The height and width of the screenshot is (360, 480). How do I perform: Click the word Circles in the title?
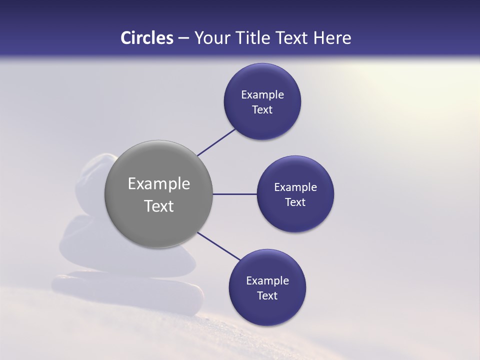[147, 38]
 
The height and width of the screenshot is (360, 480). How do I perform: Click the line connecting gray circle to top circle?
[216, 142]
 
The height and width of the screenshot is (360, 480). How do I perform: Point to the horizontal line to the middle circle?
[234, 194]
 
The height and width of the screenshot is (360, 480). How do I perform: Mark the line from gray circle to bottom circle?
[219, 246]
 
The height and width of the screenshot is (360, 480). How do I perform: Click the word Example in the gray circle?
[159, 183]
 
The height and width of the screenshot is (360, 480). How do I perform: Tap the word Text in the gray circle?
[159, 206]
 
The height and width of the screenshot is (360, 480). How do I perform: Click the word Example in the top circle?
[262, 95]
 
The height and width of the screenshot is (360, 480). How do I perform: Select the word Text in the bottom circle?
[267, 295]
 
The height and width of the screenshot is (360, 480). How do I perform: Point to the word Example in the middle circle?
[295, 187]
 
